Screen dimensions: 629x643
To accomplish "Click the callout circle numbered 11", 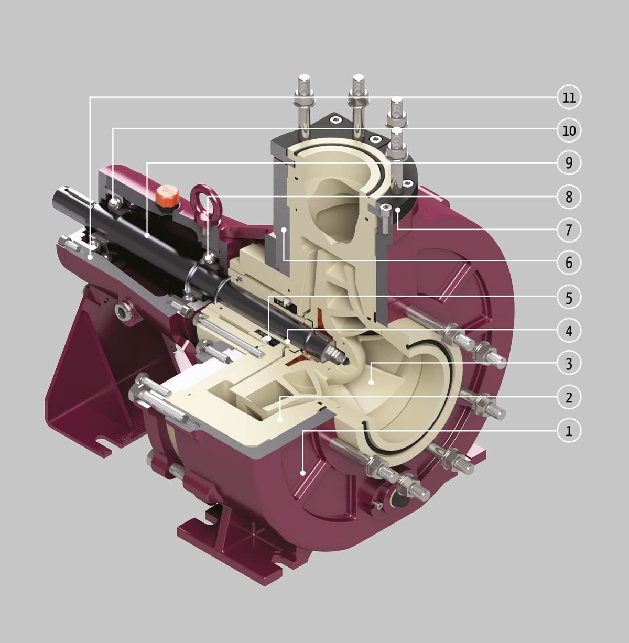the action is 569,97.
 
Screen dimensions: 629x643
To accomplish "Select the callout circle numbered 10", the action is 569,130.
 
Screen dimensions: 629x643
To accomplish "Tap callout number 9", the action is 569,162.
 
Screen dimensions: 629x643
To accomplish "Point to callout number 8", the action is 569,197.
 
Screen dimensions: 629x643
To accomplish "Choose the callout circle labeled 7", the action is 569,230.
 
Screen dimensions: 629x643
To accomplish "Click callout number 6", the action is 569,263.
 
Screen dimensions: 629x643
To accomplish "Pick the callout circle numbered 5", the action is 569,297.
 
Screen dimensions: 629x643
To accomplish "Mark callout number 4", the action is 569,331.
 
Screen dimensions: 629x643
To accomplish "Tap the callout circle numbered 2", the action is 569,397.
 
